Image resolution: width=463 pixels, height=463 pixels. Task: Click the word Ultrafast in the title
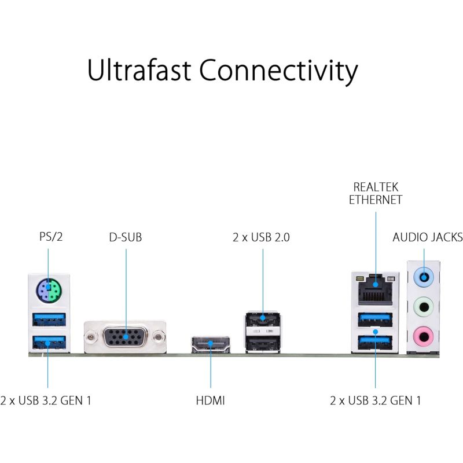139,71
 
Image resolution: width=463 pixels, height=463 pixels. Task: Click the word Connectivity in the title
278,71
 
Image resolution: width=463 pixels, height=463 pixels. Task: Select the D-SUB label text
125,237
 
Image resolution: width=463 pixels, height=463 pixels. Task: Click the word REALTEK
376,187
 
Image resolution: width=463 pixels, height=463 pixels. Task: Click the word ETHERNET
376,200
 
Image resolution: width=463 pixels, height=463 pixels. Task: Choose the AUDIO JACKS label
427,237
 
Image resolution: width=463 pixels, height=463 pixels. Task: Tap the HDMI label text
210,400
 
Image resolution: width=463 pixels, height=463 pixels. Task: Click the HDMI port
210,345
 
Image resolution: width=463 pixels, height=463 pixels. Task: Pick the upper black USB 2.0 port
263,319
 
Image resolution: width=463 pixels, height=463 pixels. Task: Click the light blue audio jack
425,275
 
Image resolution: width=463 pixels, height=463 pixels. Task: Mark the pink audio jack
425,334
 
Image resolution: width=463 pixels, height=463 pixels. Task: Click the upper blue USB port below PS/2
49,319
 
